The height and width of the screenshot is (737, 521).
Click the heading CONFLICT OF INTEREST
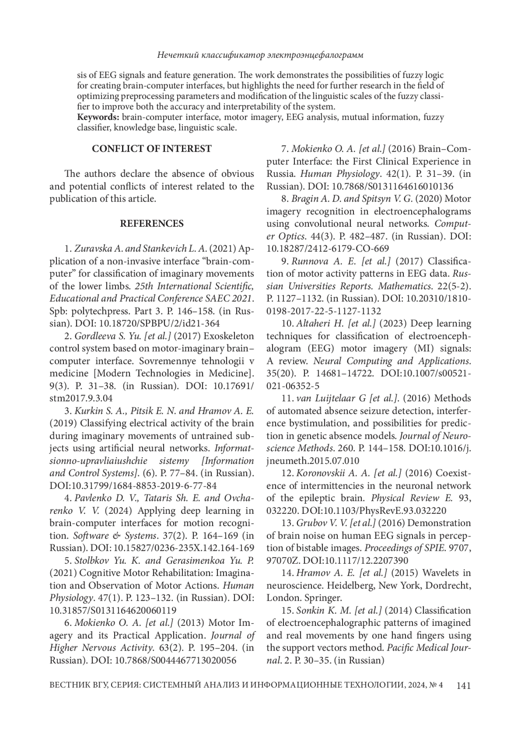[x=152, y=149]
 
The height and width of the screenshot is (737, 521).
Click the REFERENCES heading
[x=152, y=224]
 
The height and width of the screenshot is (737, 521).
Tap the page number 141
[x=464, y=686]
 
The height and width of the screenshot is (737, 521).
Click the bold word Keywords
[x=98, y=117]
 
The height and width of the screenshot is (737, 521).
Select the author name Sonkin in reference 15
[x=310, y=611]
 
